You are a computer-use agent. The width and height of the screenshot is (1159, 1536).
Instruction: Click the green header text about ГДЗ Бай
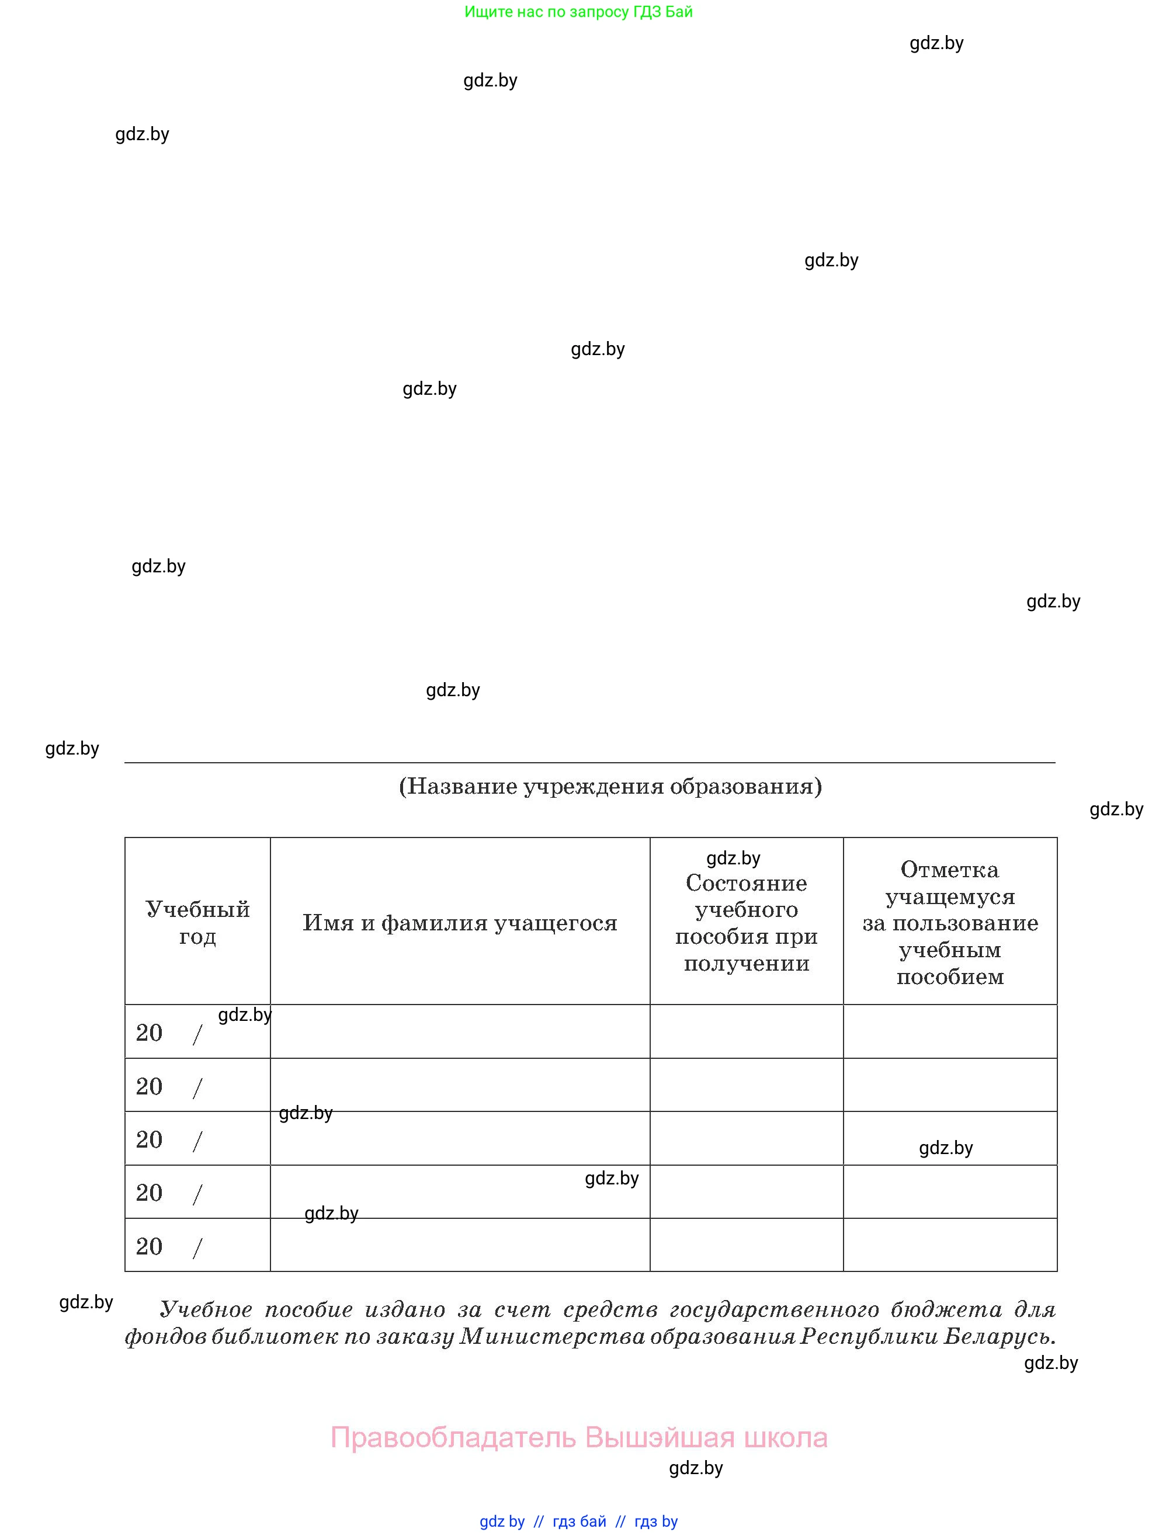pyautogui.click(x=578, y=12)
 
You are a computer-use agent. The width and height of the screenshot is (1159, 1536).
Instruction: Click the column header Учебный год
pyautogui.click(x=197, y=922)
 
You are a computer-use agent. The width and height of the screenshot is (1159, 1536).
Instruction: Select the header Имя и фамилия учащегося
pyautogui.click(x=460, y=923)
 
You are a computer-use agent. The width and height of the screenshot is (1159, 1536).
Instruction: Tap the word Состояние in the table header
pyautogui.click(x=746, y=883)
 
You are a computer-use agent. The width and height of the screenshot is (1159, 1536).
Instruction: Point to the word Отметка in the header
pyautogui.click(x=949, y=870)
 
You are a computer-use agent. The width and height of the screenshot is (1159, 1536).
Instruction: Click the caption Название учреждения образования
pyautogui.click(x=610, y=786)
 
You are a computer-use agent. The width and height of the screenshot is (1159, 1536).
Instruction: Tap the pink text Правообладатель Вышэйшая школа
pyautogui.click(x=578, y=1437)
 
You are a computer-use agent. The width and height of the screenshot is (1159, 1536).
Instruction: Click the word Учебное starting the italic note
pyautogui.click(x=206, y=1309)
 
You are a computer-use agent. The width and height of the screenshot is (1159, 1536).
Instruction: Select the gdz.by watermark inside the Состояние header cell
pyautogui.click(x=733, y=859)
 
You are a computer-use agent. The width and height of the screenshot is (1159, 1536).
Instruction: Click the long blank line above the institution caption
pyautogui.click(x=589, y=762)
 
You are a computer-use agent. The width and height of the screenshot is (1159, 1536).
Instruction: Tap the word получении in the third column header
pyautogui.click(x=746, y=963)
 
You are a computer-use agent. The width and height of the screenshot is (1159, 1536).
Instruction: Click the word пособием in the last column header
pyautogui.click(x=949, y=977)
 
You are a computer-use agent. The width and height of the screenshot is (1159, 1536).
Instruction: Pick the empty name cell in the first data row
pyautogui.click(x=460, y=1032)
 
